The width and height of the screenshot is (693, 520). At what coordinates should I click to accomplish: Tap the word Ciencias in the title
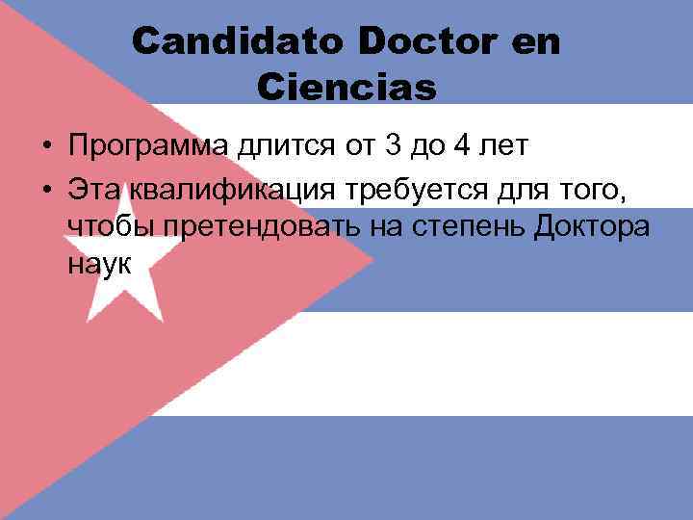[347, 87]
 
